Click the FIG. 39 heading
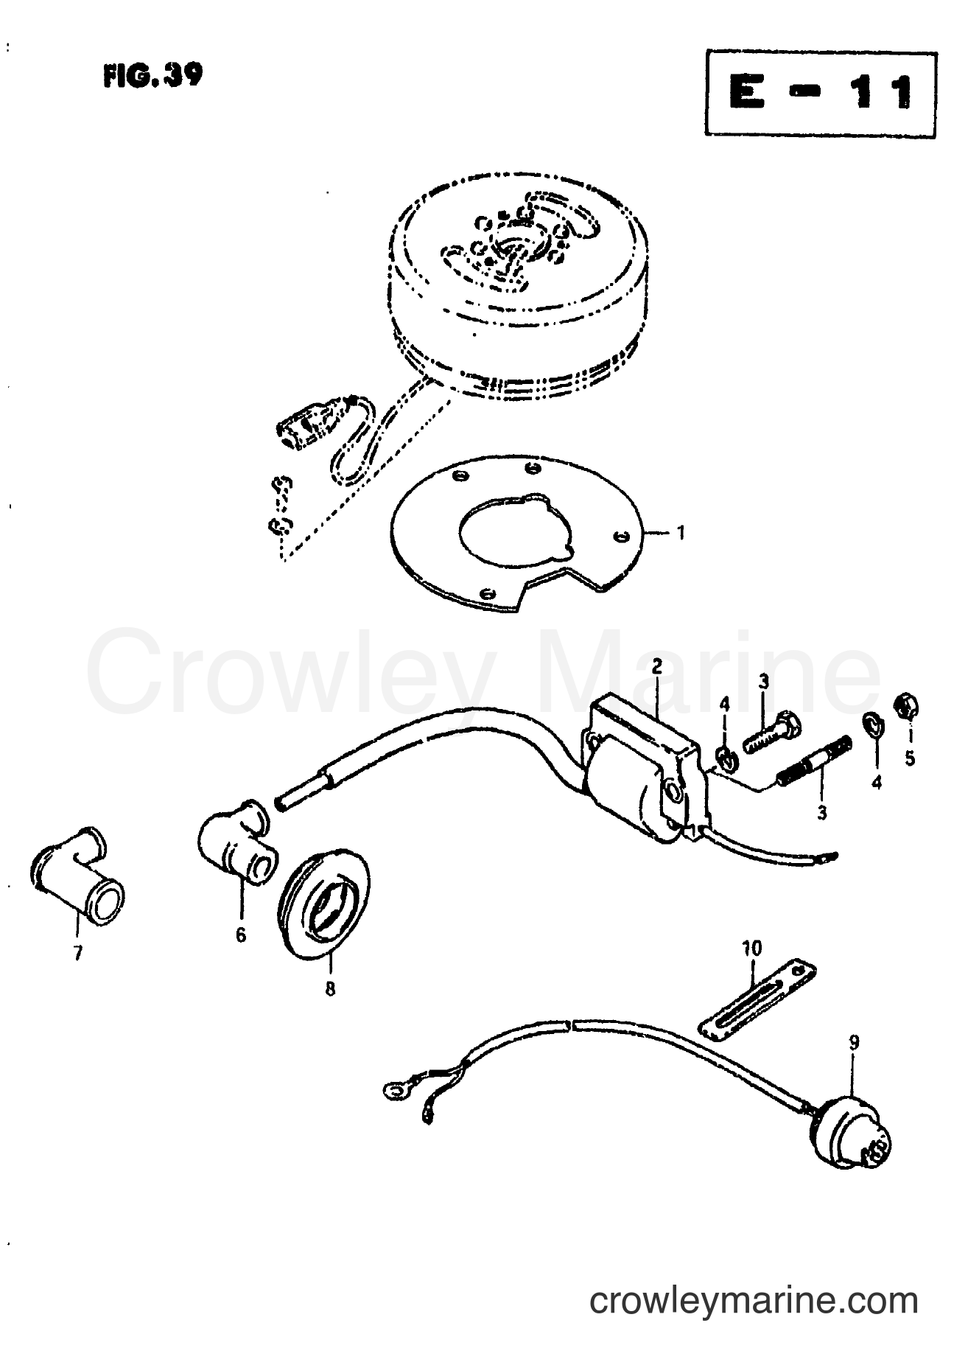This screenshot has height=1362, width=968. tap(152, 77)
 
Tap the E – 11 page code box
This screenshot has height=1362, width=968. tap(820, 93)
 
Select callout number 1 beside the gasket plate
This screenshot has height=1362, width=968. tap(680, 532)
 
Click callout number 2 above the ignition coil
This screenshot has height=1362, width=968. tap(657, 668)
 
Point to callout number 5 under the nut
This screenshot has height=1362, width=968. tap(910, 757)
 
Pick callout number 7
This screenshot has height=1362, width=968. tap(78, 953)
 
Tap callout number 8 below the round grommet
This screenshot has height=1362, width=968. tap(330, 989)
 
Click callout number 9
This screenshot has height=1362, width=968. tap(854, 1043)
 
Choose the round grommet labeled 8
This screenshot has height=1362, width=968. tap(324, 910)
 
